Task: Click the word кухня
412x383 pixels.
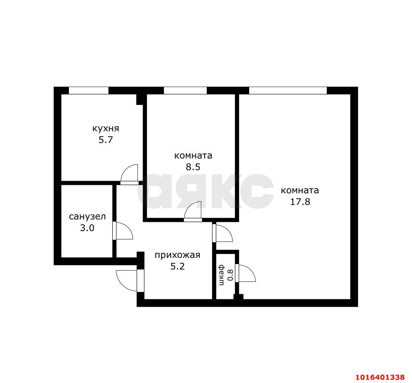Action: (106, 128)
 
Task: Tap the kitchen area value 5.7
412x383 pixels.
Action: (106, 140)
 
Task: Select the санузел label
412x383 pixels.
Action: (87, 217)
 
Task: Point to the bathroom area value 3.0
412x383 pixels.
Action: (87, 228)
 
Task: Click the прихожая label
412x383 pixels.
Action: (177, 255)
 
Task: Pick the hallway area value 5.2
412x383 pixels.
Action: (178, 267)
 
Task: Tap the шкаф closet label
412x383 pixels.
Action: (222, 275)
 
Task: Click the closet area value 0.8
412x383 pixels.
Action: (230, 275)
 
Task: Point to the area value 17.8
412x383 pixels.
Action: (300, 202)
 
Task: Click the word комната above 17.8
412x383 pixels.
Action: (300, 190)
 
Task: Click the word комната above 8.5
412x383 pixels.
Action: (193, 156)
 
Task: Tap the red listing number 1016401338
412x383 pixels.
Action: (380, 377)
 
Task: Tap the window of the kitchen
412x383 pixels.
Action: (88, 90)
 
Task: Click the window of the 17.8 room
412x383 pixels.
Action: (288, 90)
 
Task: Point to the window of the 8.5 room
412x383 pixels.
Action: (185, 90)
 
